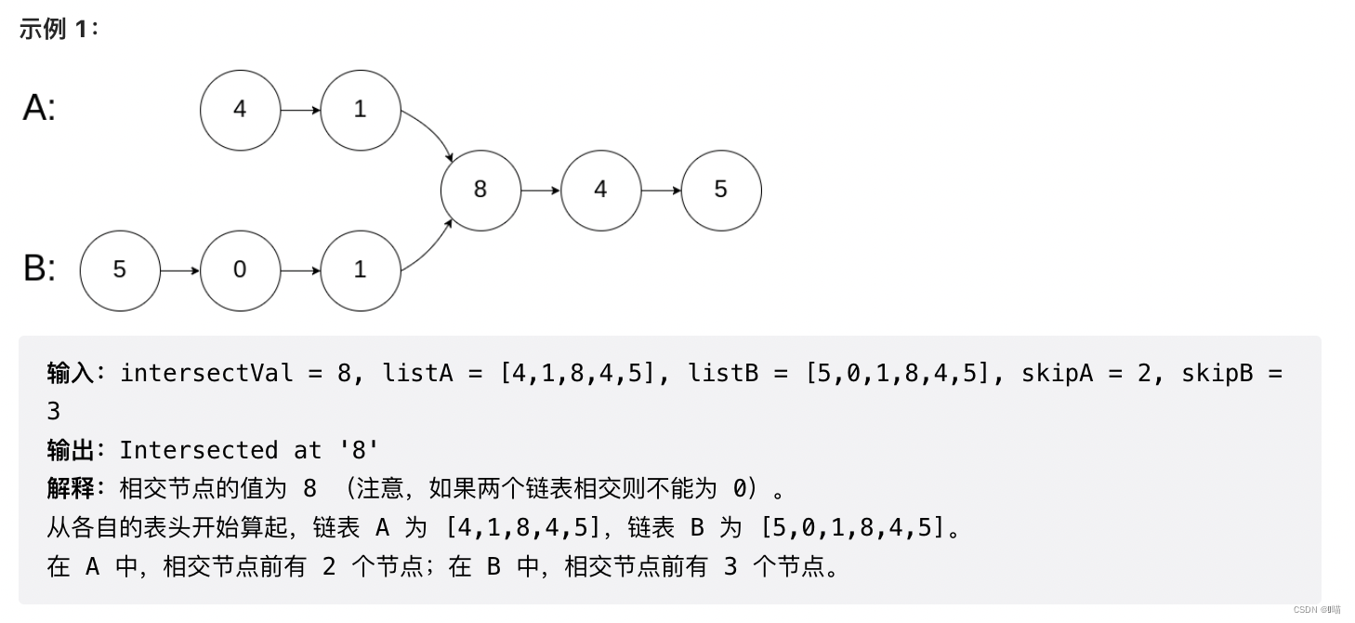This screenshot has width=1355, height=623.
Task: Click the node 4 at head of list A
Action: click(x=240, y=110)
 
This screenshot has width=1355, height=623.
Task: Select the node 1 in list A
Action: click(x=360, y=110)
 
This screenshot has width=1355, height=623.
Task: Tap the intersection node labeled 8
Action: click(x=480, y=190)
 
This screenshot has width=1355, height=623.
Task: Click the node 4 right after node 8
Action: click(x=600, y=190)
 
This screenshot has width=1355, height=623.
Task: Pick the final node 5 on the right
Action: click(x=720, y=190)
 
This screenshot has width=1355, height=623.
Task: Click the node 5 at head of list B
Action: click(x=120, y=271)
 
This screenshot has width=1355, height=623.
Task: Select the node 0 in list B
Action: click(x=240, y=271)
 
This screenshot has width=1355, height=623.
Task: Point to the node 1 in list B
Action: click(x=360, y=271)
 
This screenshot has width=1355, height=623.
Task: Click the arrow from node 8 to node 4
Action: click(x=541, y=191)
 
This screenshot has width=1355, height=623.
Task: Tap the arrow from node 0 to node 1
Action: click(x=300, y=271)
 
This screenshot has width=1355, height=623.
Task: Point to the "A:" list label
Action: click(x=39, y=109)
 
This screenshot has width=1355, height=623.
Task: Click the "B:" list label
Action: click(x=39, y=269)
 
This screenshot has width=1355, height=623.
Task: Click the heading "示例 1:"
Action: click(x=59, y=29)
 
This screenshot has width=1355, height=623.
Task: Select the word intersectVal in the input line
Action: click(x=206, y=373)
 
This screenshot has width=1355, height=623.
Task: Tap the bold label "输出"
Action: click(x=71, y=450)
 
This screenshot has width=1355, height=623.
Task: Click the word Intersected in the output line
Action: click(x=198, y=450)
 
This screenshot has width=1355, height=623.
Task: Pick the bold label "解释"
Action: click(x=71, y=488)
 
